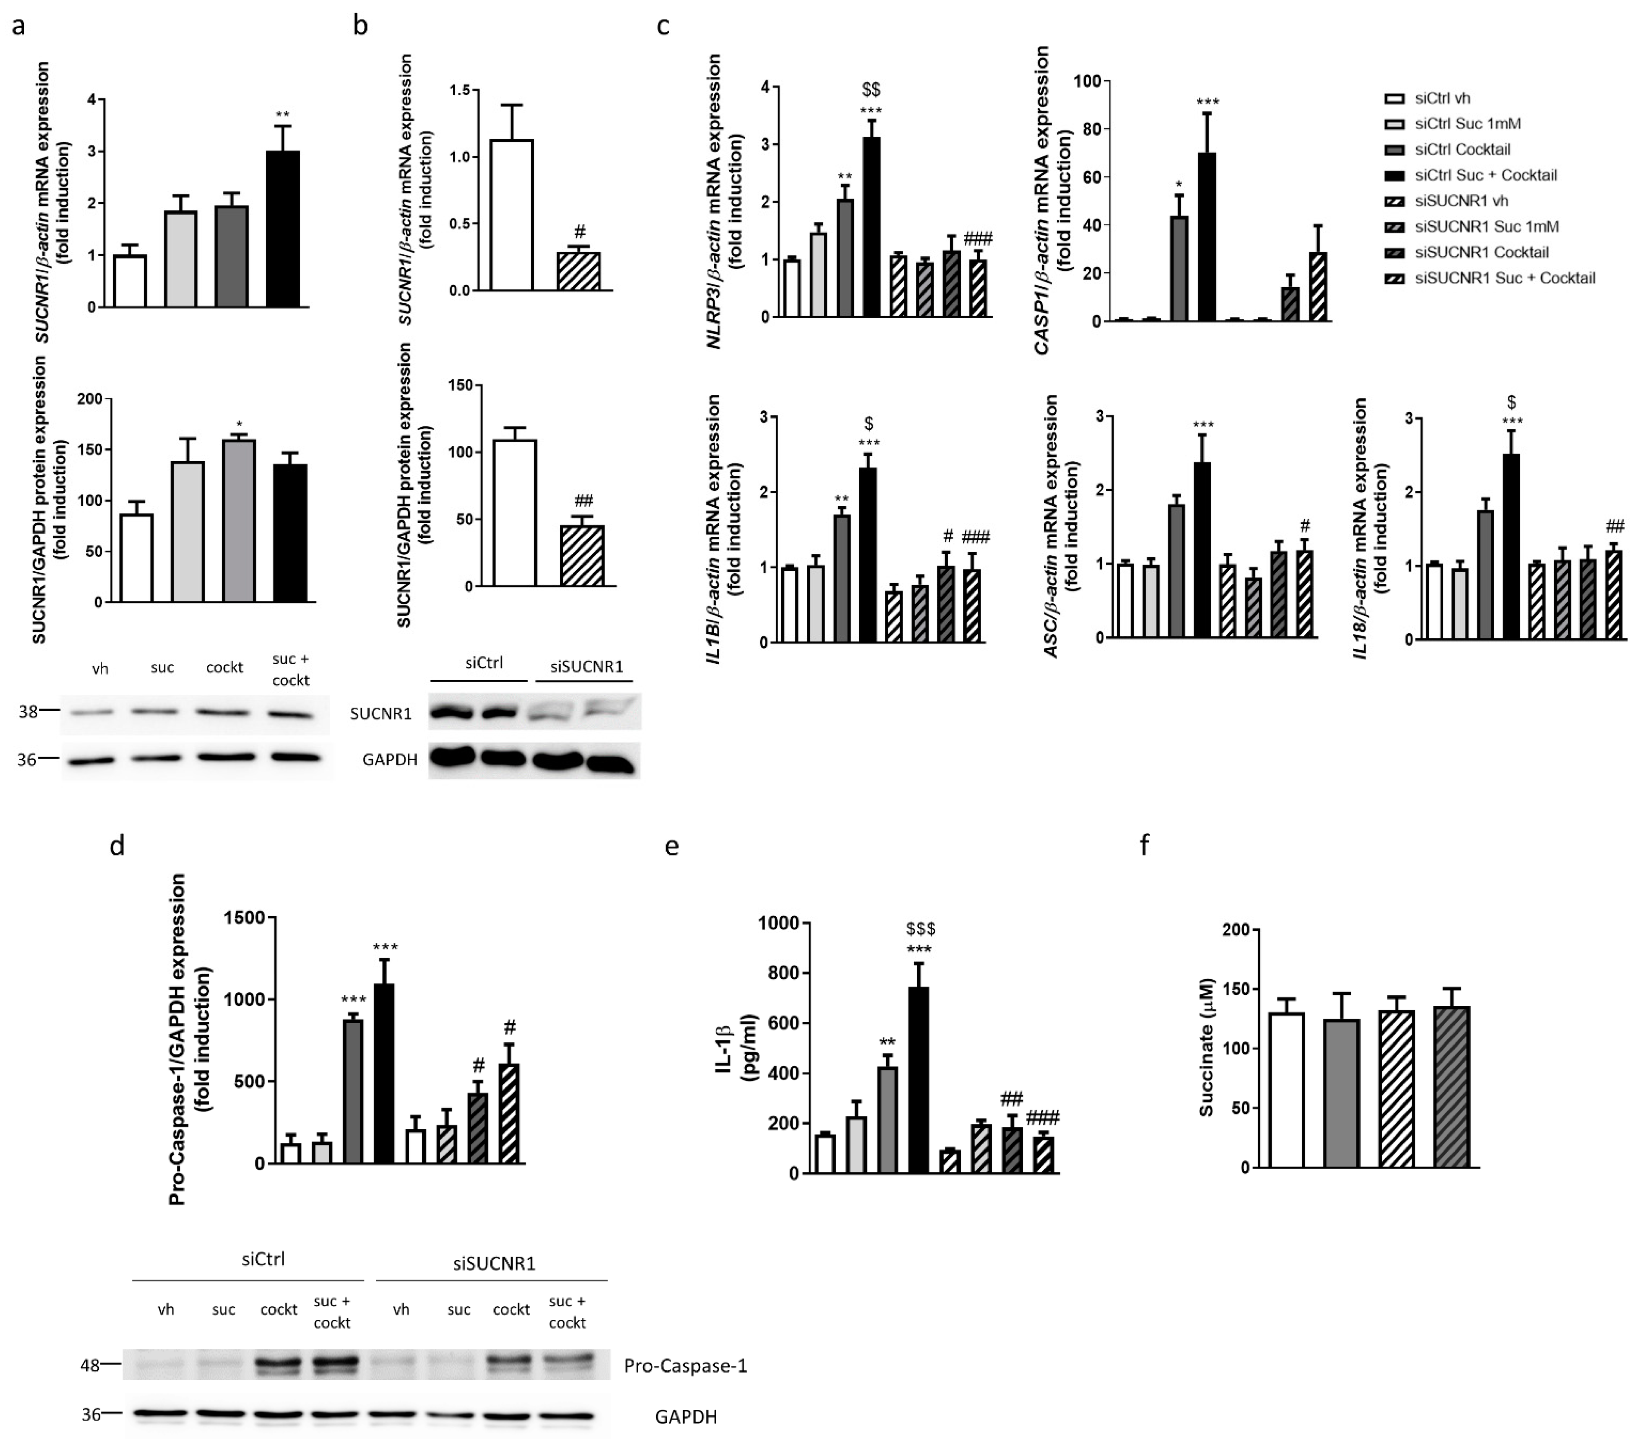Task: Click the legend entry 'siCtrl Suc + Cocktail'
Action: coord(1485,175)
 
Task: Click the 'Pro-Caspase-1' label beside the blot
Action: coord(686,1365)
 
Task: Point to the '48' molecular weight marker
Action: coord(90,1365)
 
